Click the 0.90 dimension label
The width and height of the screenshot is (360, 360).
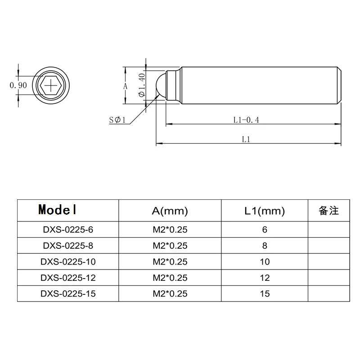pos(18,85)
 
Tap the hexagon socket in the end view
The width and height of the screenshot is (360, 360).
pos(52,85)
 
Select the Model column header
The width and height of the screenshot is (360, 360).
pos(58,210)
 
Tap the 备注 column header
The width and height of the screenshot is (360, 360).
pos(328,211)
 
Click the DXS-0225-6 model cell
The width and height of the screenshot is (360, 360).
pos(68,229)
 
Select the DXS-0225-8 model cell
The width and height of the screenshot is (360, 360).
pos(68,246)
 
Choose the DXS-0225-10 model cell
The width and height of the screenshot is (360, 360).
pos(68,261)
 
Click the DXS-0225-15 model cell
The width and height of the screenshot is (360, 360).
pos(68,293)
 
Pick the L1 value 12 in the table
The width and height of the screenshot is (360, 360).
pos(265,278)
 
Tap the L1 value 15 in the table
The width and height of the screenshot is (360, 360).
pos(265,293)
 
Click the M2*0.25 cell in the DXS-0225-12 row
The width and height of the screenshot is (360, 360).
pos(170,278)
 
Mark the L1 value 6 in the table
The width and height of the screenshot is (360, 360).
pos(265,229)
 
